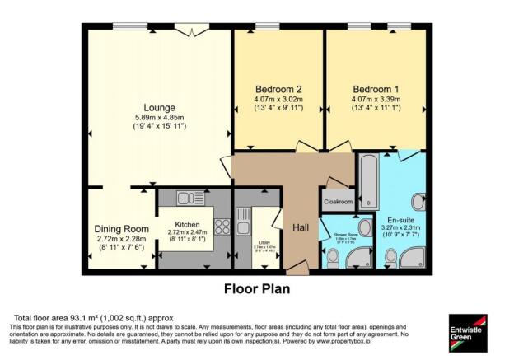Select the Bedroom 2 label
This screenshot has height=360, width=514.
click(276, 89)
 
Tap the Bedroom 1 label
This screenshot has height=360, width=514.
click(374, 89)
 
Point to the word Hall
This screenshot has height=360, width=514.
click(301, 227)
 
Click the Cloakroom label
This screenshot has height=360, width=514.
click(338, 202)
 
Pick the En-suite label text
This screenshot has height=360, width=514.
click(401, 220)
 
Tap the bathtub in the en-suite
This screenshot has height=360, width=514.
click(367, 180)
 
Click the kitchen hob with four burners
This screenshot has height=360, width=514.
click(222, 227)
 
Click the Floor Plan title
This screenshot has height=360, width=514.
click(256, 289)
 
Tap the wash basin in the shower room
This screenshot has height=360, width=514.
click(365, 227)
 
